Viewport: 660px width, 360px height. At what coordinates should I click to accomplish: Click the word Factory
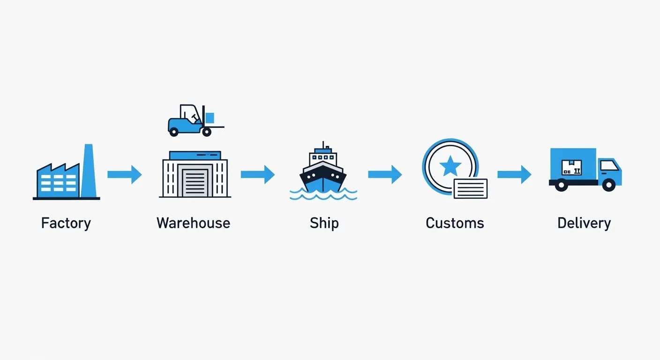(66, 223)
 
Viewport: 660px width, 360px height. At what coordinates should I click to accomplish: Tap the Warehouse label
(193, 223)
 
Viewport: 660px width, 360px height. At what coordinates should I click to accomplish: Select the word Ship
(324, 223)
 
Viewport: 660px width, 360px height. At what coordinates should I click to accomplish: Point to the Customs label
(455, 223)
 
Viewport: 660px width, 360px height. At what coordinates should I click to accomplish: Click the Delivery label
(584, 223)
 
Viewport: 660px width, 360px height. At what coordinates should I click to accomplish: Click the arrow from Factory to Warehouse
(124, 174)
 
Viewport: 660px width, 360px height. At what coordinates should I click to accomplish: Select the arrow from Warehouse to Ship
(257, 174)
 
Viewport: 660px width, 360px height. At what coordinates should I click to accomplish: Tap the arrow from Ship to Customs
(385, 174)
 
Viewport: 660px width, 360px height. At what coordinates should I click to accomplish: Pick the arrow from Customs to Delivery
(514, 174)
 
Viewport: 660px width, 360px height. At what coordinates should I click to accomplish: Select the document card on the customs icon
(470, 189)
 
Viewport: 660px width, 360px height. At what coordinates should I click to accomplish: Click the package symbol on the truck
(571, 167)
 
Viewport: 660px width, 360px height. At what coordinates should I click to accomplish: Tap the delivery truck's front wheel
(608, 185)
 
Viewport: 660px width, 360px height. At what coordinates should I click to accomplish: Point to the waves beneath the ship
(323, 194)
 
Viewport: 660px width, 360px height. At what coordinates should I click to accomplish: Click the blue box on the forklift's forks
(210, 118)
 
